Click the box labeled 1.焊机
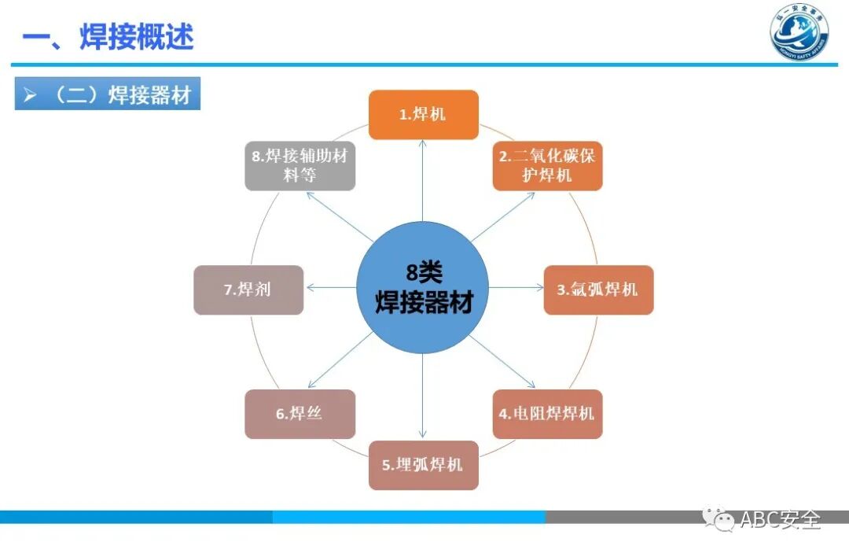tap(424, 115)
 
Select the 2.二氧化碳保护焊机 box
tap(547, 165)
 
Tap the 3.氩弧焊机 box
tap(598, 290)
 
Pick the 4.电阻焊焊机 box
tap(547, 414)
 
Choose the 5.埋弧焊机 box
tap(424, 465)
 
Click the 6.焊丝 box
tap(300, 414)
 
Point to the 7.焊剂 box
tap(248, 290)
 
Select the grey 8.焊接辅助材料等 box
tap(300, 165)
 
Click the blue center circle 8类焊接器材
tap(423, 287)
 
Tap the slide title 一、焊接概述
tap(108, 37)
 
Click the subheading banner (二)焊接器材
tap(108, 96)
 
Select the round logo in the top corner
tap(799, 33)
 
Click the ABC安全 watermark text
tap(781, 520)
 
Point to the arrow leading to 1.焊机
tap(423, 181)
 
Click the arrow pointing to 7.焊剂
tap(330, 288)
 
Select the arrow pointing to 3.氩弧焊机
tap(516, 288)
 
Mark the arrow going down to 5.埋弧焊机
tap(423, 397)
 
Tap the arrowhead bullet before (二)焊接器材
tap(31, 96)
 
